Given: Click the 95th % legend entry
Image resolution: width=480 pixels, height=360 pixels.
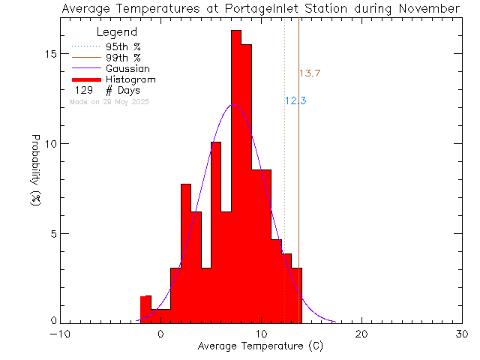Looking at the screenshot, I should pyautogui.click(x=123, y=45).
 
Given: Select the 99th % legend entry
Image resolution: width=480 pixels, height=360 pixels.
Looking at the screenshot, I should pyautogui.click(x=123, y=57).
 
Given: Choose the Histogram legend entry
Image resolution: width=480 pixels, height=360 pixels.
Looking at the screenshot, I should pyautogui.click(x=130, y=79).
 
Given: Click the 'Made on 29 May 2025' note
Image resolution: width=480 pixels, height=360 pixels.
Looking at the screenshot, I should pyautogui.click(x=109, y=101).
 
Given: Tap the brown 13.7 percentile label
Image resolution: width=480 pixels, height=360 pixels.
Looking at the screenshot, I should pyautogui.click(x=310, y=73).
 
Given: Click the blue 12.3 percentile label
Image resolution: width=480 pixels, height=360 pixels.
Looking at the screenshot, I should pyautogui.click(x=295, y=101).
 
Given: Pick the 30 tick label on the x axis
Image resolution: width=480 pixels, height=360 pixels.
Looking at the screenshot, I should pyautogui.click(x=462, y=334).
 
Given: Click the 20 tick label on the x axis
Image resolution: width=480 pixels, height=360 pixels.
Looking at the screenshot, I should pyautogui.click(x=361, y=334).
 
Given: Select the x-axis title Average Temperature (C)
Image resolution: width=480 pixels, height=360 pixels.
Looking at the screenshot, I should pyautogui.click(x=261, y=347).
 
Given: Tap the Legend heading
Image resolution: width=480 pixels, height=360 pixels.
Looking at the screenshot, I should pyautogui.click(x=117, y=32).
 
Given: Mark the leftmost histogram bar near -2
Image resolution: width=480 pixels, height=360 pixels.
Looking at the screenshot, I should pyautogui.click(x=145, y=309).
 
